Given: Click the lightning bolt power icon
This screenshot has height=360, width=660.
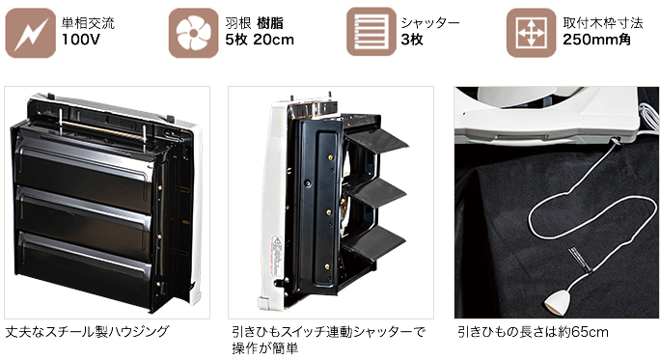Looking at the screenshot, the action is coord(30,33).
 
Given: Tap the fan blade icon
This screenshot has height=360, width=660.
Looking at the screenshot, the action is coord(194,33).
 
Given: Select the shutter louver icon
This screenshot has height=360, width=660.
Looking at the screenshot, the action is coord(371,32).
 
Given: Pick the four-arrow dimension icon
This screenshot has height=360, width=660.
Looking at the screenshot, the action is coord(532,33).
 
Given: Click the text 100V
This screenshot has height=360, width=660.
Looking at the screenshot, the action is coord(81,40).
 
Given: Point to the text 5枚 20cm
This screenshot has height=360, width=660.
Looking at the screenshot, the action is coord(260,40).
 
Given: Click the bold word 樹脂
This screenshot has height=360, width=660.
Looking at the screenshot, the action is coord(270,23).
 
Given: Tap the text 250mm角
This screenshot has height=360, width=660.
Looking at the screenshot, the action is coord(597,40).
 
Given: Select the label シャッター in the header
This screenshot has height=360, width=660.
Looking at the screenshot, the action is coord(430,23).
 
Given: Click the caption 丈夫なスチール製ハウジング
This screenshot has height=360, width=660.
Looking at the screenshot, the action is coord(87,331).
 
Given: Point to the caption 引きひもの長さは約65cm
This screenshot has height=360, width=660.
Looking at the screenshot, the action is coord(533,332).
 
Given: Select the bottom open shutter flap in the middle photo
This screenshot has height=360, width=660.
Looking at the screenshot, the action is coord(373,243).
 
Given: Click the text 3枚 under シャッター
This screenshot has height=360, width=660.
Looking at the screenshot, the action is coord(412,40).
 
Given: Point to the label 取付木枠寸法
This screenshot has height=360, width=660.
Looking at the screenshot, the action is coord(603,23).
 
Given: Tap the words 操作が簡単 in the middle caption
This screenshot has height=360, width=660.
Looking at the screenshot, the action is coord(265,348).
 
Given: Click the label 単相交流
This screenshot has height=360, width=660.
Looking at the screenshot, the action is coord(88,23).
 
